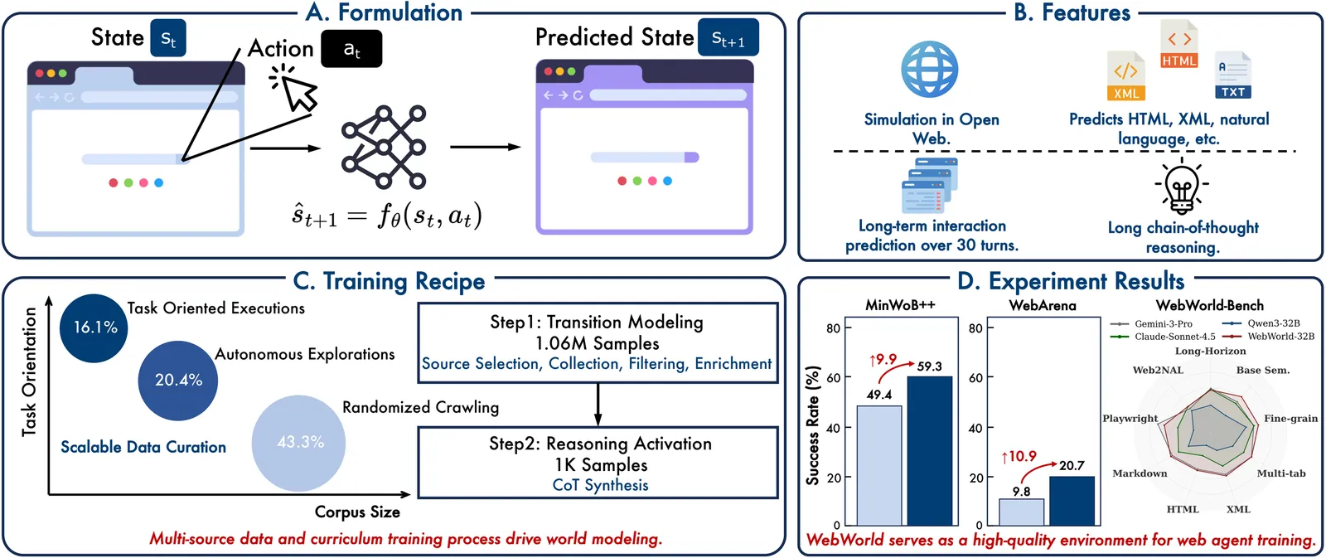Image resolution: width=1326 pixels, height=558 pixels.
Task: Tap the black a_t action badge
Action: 351,49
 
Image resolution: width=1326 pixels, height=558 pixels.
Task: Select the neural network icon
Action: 384,147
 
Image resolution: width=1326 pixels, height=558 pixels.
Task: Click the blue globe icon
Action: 930,70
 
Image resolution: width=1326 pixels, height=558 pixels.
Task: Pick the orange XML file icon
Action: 1125,76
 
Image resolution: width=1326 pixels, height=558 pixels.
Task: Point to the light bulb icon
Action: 1182,187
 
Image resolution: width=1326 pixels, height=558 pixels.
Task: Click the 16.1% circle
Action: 94,328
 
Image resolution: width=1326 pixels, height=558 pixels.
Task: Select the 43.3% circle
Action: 299,442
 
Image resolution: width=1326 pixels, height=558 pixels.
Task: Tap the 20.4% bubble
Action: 178,381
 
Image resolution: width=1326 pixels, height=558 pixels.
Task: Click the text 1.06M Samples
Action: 597,343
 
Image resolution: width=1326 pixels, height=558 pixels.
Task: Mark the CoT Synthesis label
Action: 600,485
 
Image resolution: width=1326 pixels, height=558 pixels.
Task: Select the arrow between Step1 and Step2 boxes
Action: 598,405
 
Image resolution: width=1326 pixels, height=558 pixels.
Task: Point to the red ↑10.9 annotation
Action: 1019,456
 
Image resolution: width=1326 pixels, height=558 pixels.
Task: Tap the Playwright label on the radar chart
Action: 1130,418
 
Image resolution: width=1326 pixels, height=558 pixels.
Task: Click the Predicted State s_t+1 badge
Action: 728,38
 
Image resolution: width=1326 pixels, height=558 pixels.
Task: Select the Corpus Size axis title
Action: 357,512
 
